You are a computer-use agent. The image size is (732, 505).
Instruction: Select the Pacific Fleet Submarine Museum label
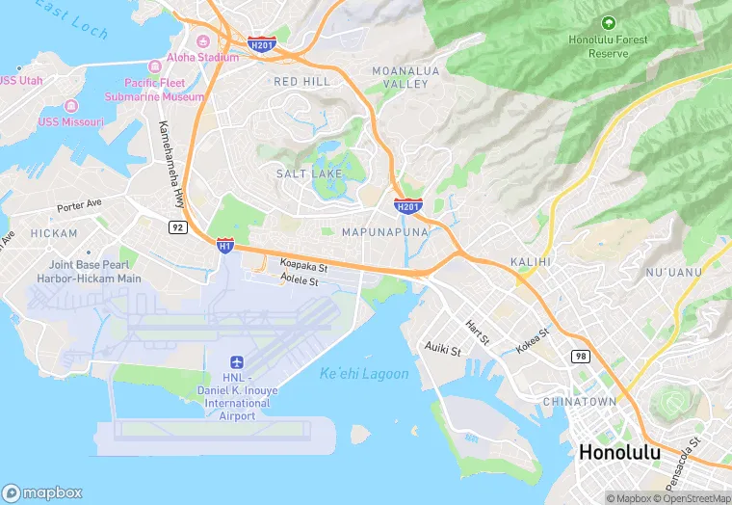tap(164, 90)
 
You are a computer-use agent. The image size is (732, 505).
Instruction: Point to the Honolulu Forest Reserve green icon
tap(608, 22)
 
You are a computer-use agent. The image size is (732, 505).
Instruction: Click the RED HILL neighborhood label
tap(301, 82)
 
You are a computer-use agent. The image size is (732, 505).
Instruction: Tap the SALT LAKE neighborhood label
tap(308, 173)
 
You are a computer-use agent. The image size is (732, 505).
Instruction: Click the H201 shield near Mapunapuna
tap(407, 205)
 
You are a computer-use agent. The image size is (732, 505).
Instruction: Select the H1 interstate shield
tap(225, 246)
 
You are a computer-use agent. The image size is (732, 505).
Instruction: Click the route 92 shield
tap(176, 227)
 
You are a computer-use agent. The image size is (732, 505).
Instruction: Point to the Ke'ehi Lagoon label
tap(364, 374)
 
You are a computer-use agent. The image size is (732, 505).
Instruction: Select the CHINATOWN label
tap(579, 401)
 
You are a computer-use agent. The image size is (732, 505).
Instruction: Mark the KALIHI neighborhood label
tap(530, 261)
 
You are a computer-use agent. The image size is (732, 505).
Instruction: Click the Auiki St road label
tap(445, 344)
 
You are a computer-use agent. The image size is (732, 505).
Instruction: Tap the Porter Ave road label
tap(79, 206)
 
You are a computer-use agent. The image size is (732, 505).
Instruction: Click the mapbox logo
tap(43, 492)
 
